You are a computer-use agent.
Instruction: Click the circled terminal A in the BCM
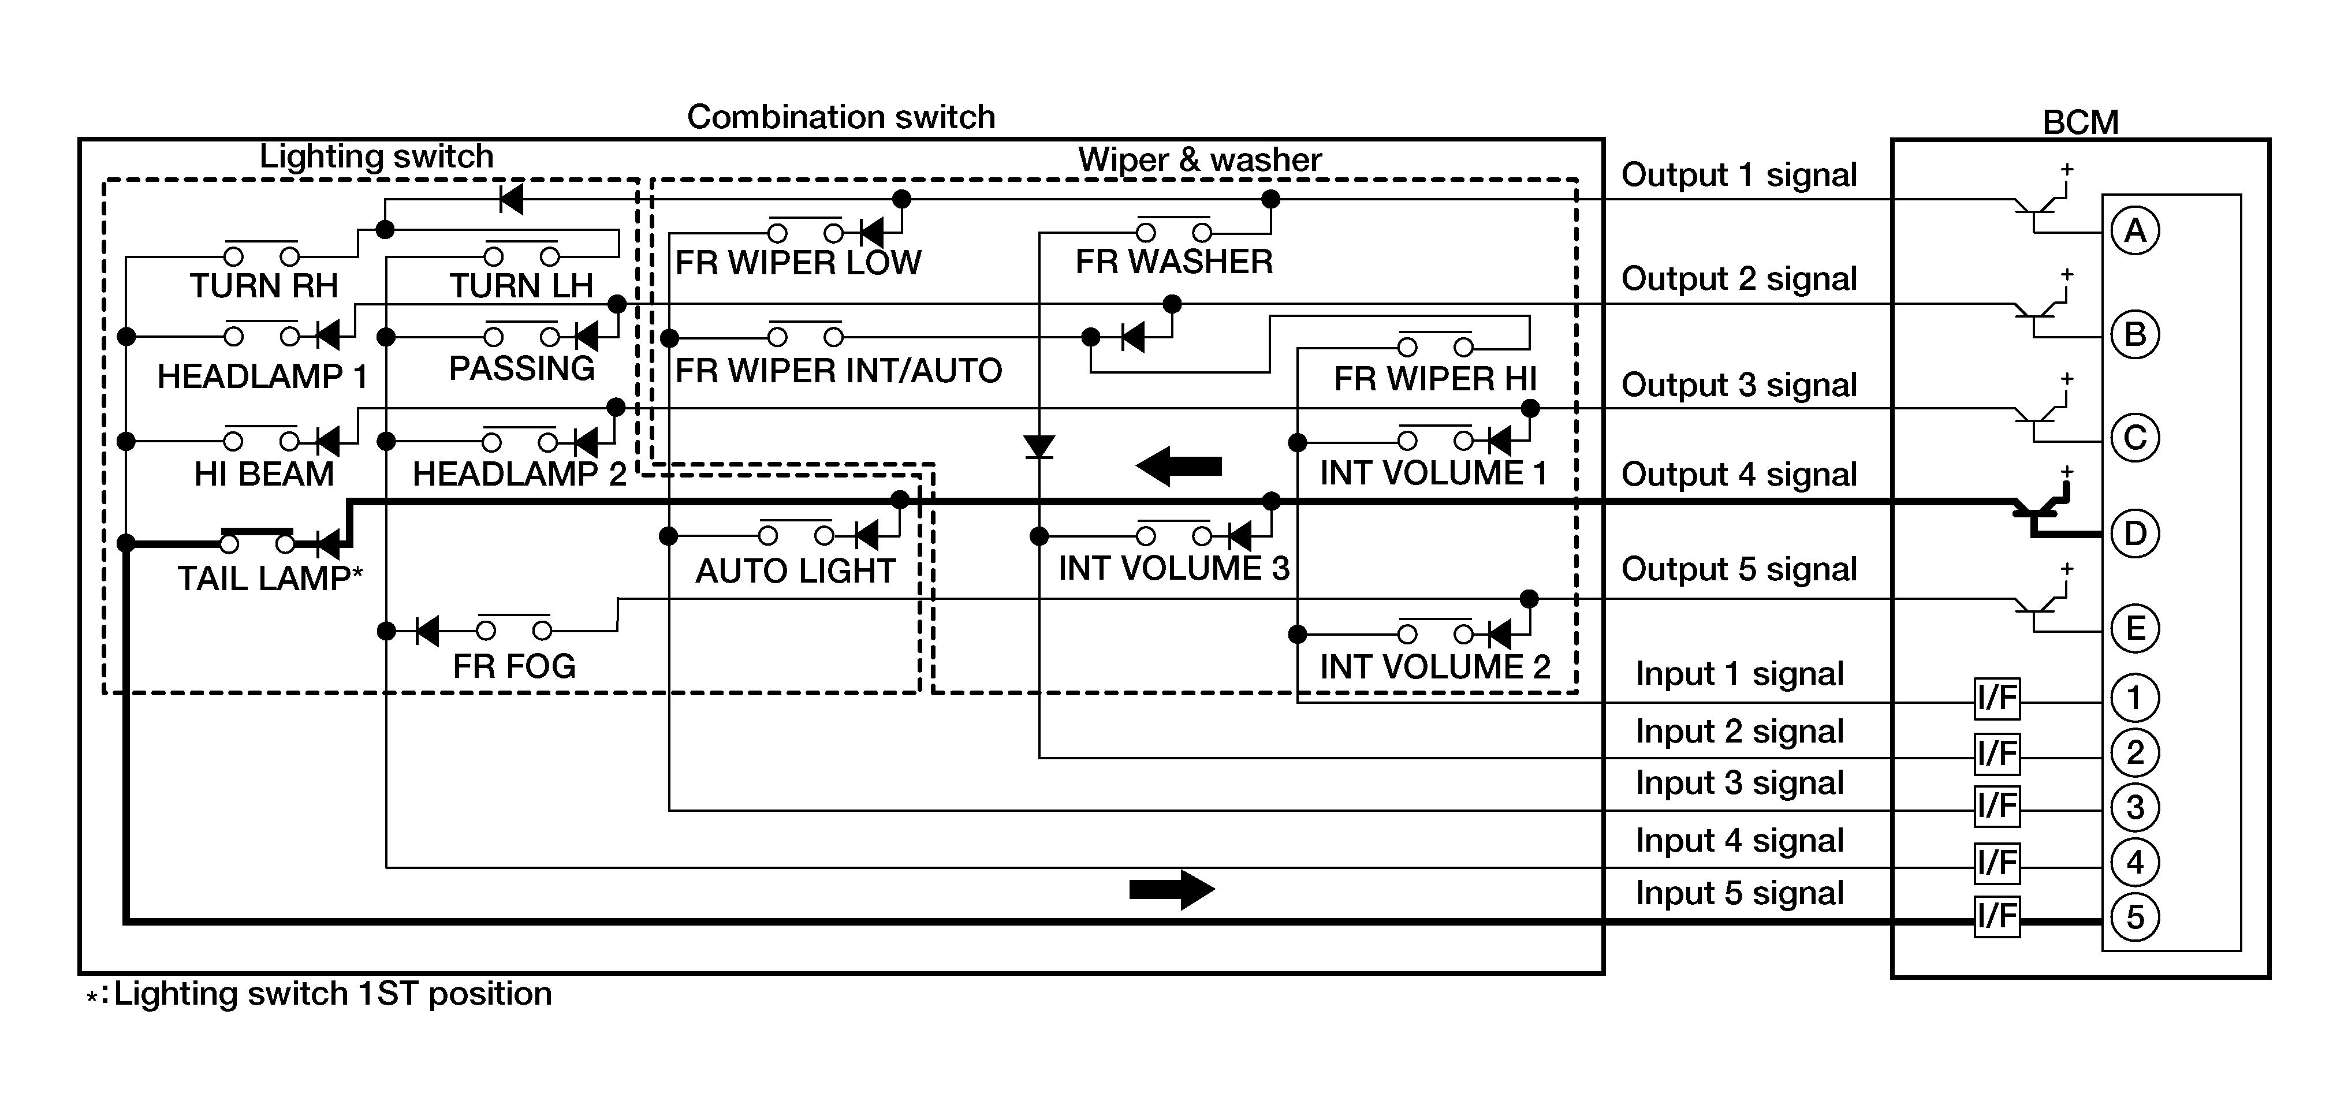2135,231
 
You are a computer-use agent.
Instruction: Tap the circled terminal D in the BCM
2135,534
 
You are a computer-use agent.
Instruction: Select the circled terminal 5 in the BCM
2135,917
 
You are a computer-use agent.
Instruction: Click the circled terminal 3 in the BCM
2135,807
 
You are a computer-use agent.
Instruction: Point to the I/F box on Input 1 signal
1996,698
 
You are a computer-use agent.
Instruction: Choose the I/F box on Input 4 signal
1996,862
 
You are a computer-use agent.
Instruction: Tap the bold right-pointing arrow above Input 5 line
1172,889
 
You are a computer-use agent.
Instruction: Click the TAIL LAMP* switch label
270,577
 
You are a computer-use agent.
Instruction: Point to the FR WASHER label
1174,262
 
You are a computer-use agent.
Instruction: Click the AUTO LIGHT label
795,571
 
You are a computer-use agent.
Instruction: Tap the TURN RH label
263,285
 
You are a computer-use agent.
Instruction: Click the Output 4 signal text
1739,475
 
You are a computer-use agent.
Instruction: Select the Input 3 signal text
1739,783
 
